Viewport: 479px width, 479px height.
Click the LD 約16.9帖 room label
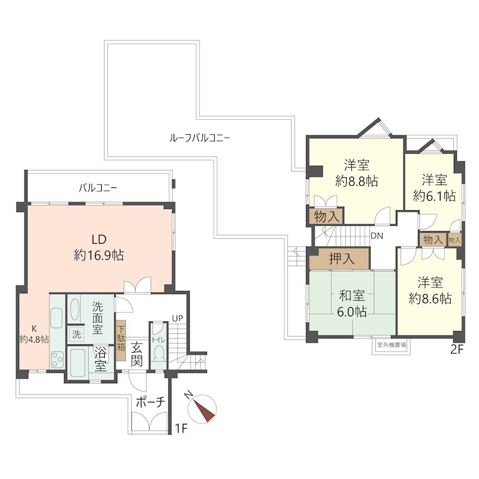click(99, 247)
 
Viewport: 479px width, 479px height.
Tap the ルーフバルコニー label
click(200, 138)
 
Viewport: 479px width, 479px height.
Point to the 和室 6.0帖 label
click(352, 304)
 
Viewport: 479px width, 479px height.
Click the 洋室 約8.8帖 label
click(356, 173)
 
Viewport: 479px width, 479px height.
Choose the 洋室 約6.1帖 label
click(435, 188)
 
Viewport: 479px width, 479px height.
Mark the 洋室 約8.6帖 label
click(431, 290)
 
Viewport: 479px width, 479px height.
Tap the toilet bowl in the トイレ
click(159, 354)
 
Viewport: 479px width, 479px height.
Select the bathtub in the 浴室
click(79, 363)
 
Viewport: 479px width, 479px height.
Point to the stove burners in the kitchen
click(57, 360)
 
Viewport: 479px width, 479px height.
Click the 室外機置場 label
click(392, 345)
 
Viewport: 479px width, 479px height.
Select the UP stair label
click(177, 319)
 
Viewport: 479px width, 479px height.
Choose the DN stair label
click(377, 236)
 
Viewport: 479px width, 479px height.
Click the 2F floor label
click(457, 350)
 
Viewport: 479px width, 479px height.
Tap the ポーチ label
click(150, 402)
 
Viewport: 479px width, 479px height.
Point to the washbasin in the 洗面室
click(75, 309)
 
